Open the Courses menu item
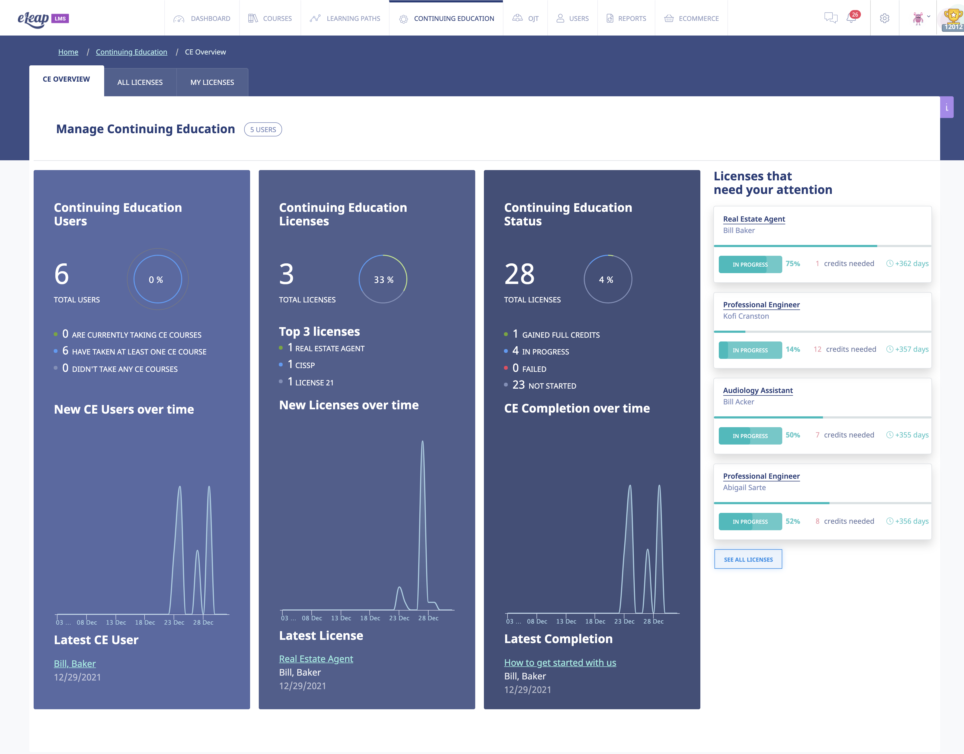coord(270,18)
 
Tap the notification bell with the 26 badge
coord(851,18)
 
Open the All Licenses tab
coord(140,82)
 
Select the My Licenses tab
coord(212,82)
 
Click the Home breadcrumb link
coord(68,52)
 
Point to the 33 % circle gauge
coord(383,279)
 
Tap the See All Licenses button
coord(748,559)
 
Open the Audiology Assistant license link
coord(757,390)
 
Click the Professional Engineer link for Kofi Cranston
coord(761,305)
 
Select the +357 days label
coord(911,349)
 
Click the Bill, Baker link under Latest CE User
coord(75,663)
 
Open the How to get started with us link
coord(560,663)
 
